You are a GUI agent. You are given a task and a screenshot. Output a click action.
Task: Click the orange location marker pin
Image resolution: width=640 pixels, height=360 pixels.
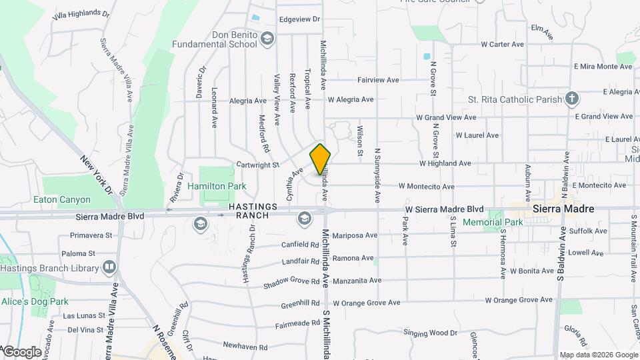321,159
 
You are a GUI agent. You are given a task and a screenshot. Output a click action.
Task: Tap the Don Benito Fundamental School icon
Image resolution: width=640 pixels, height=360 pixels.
267,39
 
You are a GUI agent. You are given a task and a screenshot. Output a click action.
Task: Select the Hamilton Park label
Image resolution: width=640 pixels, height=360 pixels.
217,187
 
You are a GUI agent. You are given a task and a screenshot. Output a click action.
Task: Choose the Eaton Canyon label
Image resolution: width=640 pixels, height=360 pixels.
62,199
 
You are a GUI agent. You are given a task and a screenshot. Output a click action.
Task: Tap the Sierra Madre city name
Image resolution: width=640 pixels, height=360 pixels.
563,209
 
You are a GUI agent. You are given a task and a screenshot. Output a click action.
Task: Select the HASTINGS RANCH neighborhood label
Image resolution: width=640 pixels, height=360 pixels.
249,211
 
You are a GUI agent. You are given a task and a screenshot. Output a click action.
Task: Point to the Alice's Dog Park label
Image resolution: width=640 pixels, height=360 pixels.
34,301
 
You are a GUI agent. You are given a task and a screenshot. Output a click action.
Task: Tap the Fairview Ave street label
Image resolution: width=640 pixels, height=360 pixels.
378,80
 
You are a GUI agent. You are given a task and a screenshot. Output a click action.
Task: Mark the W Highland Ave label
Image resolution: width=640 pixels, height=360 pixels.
445,163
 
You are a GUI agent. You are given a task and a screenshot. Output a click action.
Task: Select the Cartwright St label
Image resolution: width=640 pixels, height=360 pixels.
257,164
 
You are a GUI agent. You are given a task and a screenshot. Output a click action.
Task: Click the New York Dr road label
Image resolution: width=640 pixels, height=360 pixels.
96,175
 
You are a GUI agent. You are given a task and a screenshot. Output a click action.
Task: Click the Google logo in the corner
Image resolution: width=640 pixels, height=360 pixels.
21,351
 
